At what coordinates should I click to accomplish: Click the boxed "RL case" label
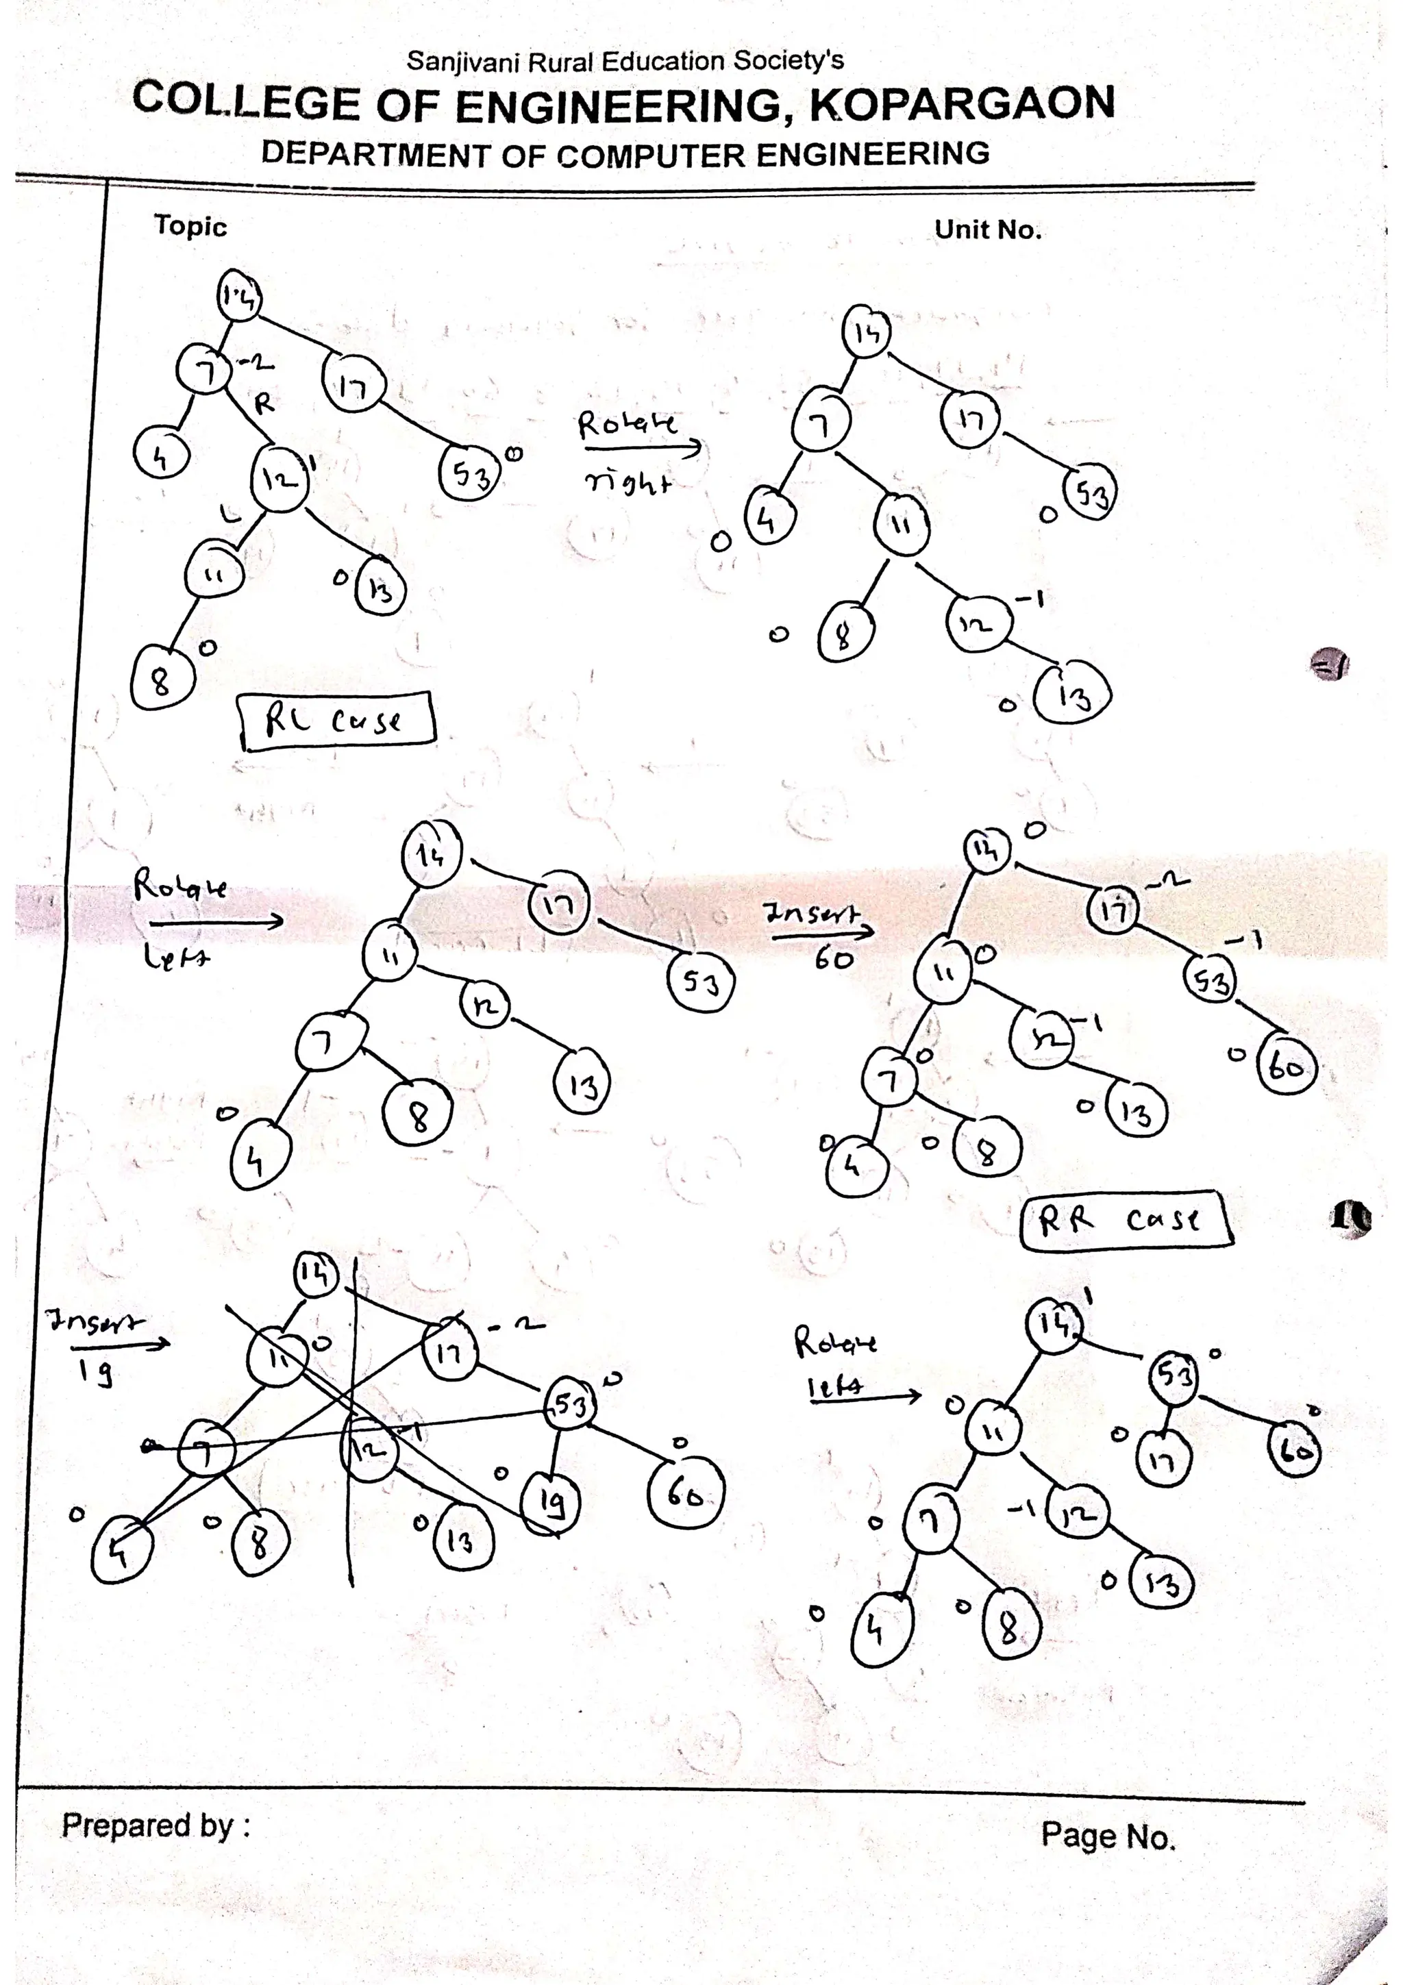[336, 719]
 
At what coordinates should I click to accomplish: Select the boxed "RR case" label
[1126, 1220]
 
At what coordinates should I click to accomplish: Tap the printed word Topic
[190, 227]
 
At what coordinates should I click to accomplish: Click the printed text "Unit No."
[988, 230]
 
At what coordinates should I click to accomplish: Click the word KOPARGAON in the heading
[961, 103]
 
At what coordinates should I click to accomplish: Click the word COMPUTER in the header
[651, 155]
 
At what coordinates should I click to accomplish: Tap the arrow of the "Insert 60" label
[819, 933]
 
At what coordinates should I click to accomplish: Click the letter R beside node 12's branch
[264, 402]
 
